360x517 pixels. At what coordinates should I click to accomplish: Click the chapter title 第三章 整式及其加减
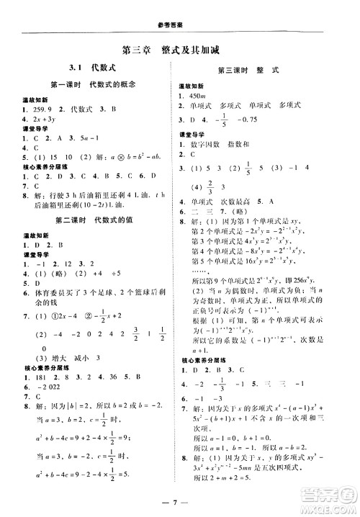coord(180,50)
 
